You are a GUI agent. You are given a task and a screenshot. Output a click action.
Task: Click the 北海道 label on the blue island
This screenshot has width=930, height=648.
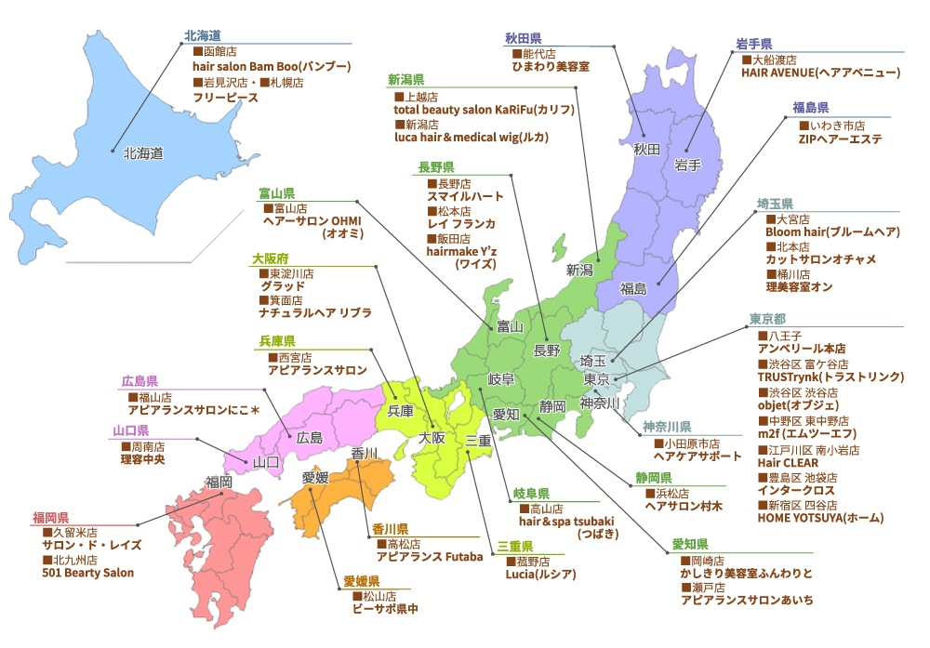point(143,153)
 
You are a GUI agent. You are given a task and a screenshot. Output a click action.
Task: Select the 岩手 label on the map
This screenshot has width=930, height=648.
point(687,165)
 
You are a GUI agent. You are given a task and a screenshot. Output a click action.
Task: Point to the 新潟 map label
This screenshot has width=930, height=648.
point(579,270)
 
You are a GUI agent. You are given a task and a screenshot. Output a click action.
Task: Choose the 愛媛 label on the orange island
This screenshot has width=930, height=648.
point(315,478)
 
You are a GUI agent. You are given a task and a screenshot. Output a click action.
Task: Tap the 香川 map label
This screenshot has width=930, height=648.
point(365,454)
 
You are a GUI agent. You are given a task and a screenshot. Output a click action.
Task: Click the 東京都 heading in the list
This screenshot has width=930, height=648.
point(768,319)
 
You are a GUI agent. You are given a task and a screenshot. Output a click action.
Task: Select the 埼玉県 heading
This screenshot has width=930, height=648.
point(775,203)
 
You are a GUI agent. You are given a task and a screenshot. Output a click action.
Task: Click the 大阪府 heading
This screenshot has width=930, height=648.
point(270,258)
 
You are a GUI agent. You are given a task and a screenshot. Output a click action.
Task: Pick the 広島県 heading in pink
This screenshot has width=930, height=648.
point(139,381)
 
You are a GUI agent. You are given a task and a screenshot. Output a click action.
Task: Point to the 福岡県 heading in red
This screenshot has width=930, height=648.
point(50,517)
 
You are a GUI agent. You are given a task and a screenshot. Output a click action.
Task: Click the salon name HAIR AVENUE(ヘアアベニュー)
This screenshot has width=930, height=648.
point(820,72)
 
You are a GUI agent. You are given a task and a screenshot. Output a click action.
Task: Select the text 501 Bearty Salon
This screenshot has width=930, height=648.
point(87,573)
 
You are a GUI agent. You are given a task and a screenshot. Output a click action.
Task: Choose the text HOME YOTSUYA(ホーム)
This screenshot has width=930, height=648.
point(820,517)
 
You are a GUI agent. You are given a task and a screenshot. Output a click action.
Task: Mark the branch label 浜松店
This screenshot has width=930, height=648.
point(669,492)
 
